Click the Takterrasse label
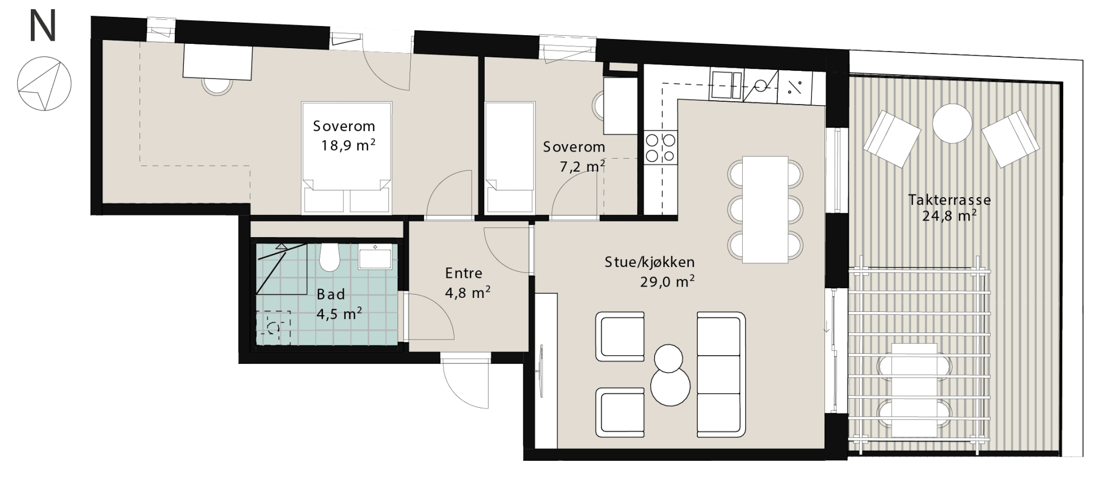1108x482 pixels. pos(949,200)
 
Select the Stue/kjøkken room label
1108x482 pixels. pos(649,263)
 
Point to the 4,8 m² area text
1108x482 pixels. pos(467,292)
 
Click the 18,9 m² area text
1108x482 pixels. pos(348,146)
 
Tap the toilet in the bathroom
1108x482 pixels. pos(329,257)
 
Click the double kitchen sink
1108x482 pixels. pos(727,86)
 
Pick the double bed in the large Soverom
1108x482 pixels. pos(346,157)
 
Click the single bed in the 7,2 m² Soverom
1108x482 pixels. pos(510,157)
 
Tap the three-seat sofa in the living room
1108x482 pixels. pos(719,375)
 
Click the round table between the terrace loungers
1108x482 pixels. pos(952,122)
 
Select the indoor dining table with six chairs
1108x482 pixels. pos(765,209)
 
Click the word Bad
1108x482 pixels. pos(331,295)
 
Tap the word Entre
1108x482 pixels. pos(463,273)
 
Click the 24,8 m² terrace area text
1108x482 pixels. pos(949,216)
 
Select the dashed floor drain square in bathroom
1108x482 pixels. pos(273,328)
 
